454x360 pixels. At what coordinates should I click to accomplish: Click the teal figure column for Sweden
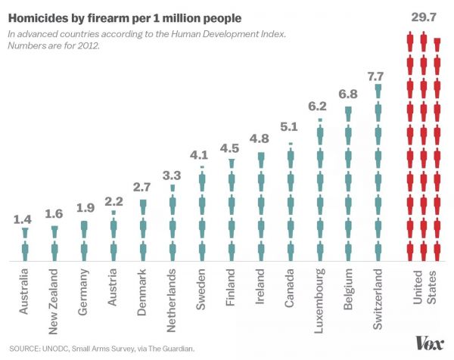tap(202, 216)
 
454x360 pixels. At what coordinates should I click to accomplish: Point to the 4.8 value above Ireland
tap(260, 139)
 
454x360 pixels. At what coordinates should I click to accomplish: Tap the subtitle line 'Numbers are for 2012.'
tap(54, 47)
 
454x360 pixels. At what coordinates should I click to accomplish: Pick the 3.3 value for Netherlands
tap(173, 175)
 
